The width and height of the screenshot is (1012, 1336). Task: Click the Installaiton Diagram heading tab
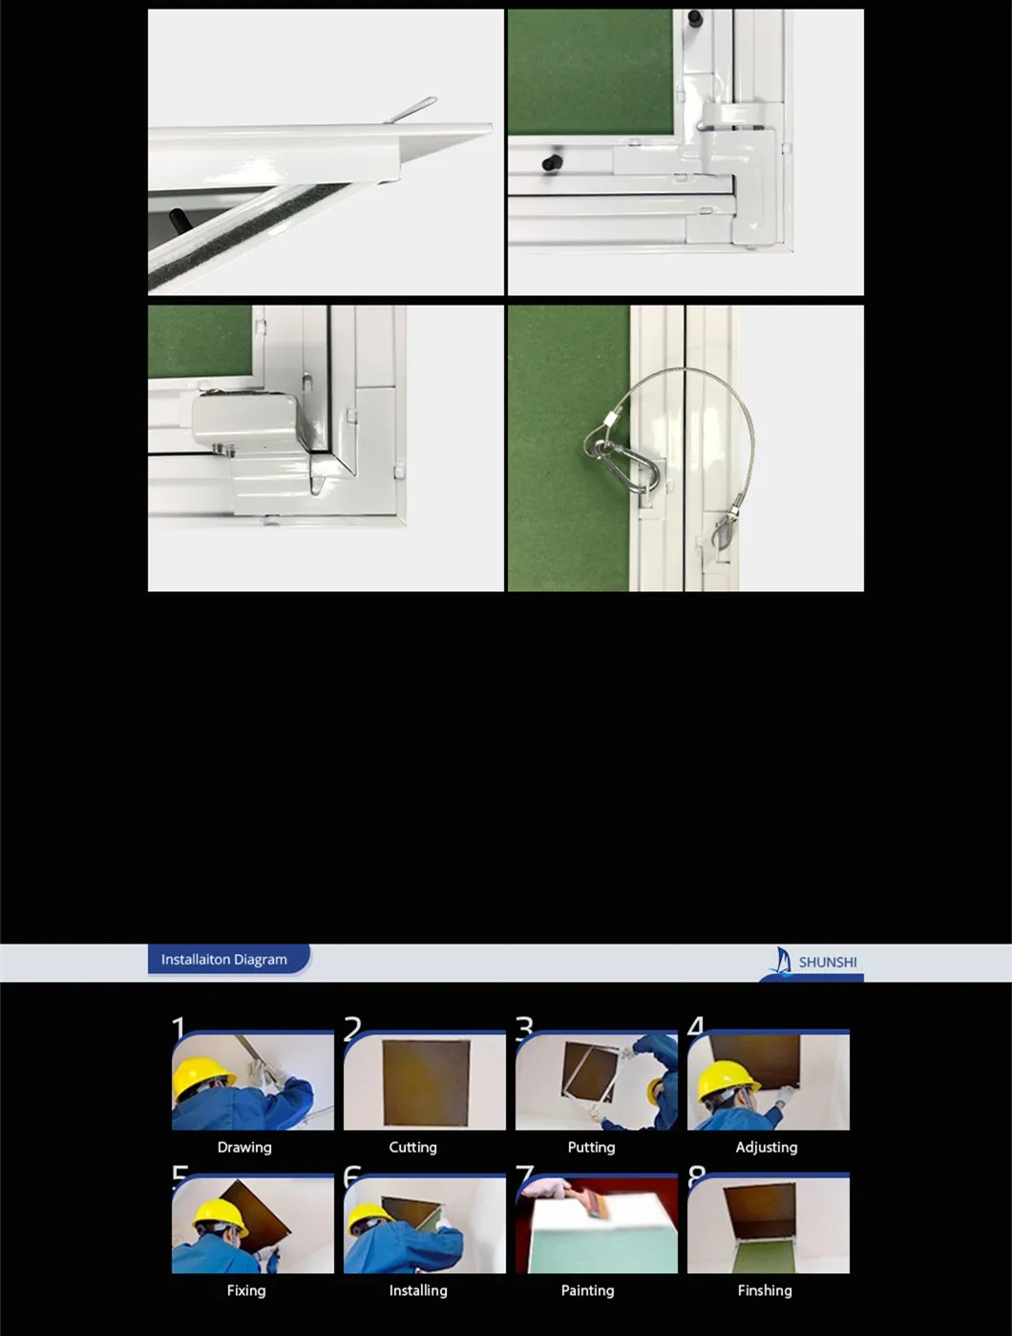[x=224, y=960]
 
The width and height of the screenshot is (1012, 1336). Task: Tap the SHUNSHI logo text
[x=828, y=963]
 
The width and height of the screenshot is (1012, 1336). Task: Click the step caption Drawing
[x=244, y=1147]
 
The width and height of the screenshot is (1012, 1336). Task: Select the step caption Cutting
[x=412, y=1147]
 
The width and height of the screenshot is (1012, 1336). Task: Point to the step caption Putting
[x=591, y=1147]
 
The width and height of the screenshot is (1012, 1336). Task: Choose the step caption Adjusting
[x=766, y=1147]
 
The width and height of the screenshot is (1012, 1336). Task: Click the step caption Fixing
[x=246, y=1290]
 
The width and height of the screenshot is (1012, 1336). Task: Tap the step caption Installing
[x=418, y=1290]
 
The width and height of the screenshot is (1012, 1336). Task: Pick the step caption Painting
[x=587, y=1290]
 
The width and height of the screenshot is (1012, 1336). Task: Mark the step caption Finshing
[x=765, y=1290]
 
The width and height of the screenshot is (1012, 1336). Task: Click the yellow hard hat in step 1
[x=201, y=1078]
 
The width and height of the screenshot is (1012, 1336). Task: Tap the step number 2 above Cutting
[x=352, y=1028]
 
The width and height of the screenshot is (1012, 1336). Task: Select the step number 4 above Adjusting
[x=696, y=1027]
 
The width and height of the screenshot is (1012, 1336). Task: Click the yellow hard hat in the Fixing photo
[x=220, y=1217]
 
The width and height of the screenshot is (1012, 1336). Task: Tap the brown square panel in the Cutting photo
[x=426, y=1082]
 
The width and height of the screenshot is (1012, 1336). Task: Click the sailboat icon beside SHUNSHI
[x=783, y=960]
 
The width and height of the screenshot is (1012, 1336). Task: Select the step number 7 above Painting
[x=524, y=1174]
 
